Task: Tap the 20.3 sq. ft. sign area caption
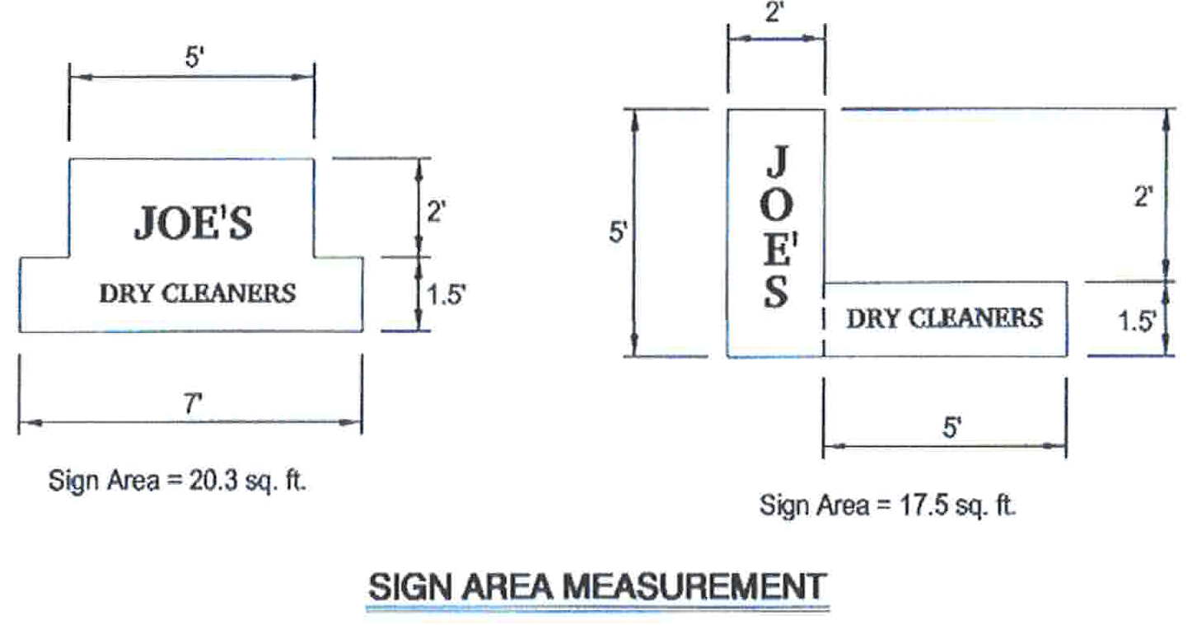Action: [177, 481]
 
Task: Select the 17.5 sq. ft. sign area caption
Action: [888, 505]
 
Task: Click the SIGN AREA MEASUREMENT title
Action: [597, 587]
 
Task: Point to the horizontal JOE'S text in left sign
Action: [194, 223]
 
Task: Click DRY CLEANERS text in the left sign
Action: [197, 293]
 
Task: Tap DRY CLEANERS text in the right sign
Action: [944, 317]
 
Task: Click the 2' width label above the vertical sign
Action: [774, 14]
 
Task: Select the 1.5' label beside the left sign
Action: [446, 294]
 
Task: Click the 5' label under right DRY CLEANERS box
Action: [951, 429]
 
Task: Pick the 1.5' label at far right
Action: [1137, 322]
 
